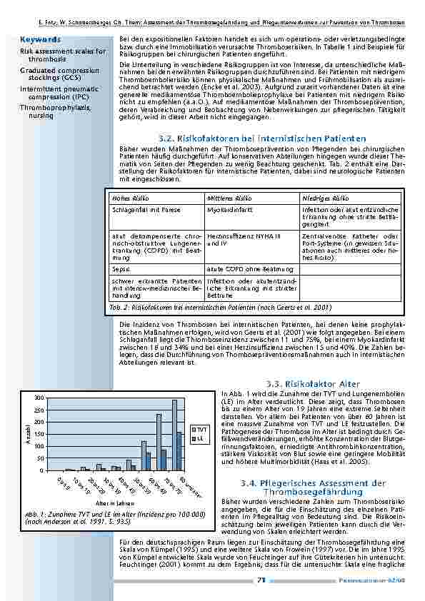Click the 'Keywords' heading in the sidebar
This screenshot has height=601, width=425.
tap(40, 40)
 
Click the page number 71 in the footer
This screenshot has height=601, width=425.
tap(261, 580)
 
